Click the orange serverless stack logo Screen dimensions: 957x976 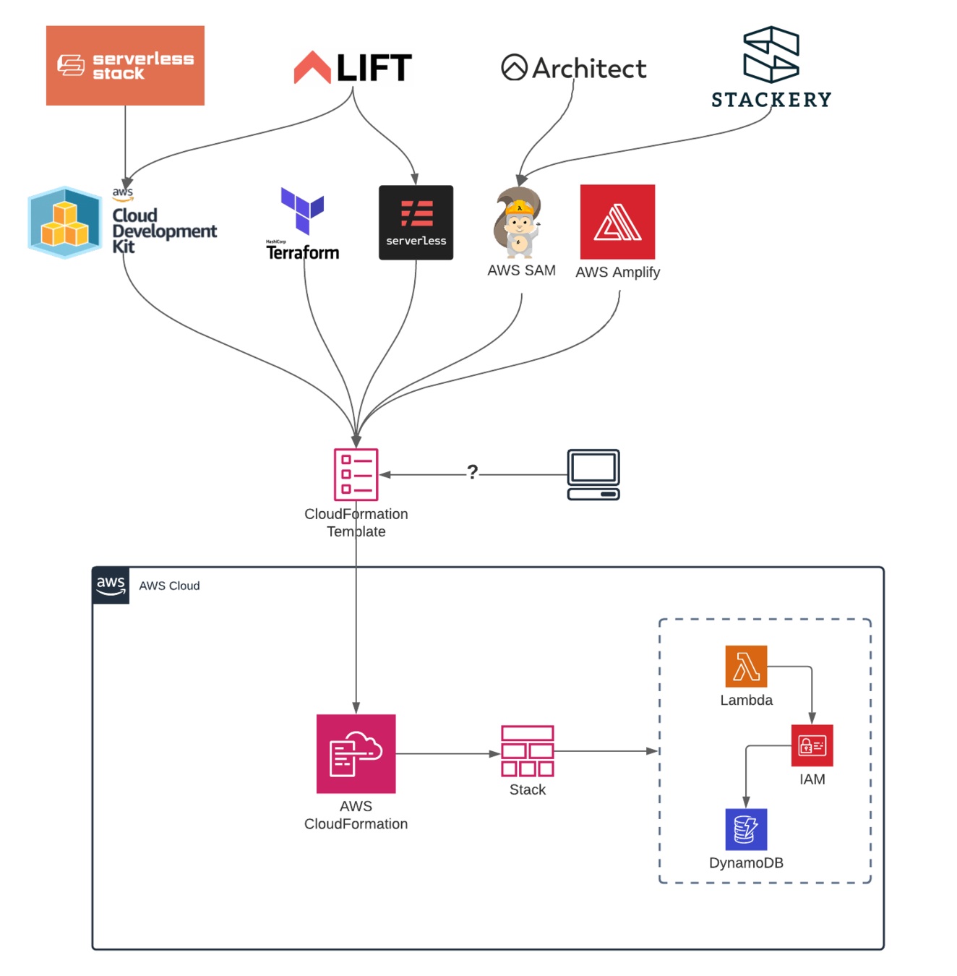[125, 65]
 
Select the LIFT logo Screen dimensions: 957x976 [353, 67]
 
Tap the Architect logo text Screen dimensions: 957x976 [589, 69]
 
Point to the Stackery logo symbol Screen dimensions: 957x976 [771, 54]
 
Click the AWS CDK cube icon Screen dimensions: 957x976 [65, 223]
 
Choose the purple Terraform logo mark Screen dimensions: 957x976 [302, 210]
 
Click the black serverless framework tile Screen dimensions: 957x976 [416, 223]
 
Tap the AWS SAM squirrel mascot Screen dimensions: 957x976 [518, 223]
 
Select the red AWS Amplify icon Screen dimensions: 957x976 [617, 222]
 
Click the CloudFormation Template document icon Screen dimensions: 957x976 [356, 474]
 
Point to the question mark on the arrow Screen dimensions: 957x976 [472, 472]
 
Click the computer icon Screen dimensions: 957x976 [593, 474]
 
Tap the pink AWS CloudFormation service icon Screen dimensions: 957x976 [356, 753]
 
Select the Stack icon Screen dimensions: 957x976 [528, 751]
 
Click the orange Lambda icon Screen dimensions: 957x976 [746, 666]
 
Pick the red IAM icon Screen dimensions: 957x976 [812, 745]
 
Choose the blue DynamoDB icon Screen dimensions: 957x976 [746, 829]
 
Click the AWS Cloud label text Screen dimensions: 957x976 [169, 586]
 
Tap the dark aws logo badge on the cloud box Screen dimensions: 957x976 [111, 586]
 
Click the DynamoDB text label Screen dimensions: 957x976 [746, 862]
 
